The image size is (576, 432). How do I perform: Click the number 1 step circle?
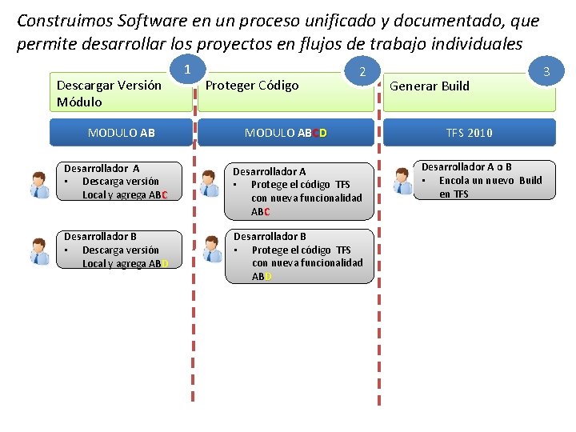186,70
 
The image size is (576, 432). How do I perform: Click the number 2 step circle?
362,73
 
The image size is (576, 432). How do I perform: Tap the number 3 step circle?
546,73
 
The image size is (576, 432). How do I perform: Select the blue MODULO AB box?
121,133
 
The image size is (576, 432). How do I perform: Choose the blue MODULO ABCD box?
286,133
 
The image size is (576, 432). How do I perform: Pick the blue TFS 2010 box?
469,133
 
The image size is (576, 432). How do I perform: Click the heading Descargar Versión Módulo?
109,94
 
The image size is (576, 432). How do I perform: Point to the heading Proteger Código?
252,86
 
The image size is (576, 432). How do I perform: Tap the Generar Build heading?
430,86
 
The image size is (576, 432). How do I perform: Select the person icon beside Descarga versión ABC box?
39,185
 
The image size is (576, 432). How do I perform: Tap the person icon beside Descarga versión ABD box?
39,251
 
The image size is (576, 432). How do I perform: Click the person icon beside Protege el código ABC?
210,184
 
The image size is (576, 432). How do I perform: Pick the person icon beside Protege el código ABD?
212,250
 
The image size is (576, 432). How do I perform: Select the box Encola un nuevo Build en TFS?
486,181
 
